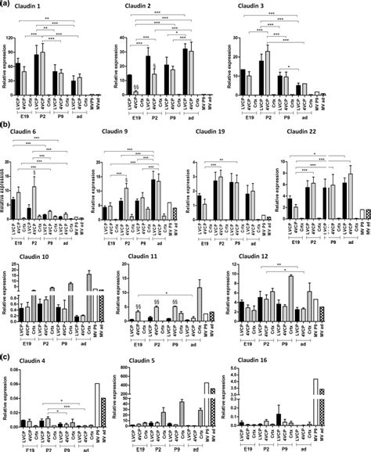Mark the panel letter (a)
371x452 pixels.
pos(7,5)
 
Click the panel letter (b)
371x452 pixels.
pos(7,124)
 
